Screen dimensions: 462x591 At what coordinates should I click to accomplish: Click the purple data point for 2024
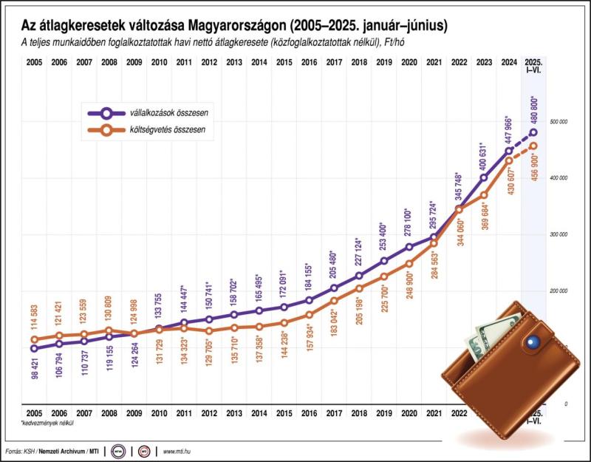click(x=509, y=151)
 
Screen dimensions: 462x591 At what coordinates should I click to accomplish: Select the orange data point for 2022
click(x=459, y=209)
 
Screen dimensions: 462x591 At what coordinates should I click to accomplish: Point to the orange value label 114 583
click(x=34, y=317)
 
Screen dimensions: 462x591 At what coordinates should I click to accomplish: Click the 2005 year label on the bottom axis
click(x=33, y=412)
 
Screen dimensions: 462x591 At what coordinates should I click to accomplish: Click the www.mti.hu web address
click(x=179, y=450)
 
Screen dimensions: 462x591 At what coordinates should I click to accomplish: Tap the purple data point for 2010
click(x=159, y=328)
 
